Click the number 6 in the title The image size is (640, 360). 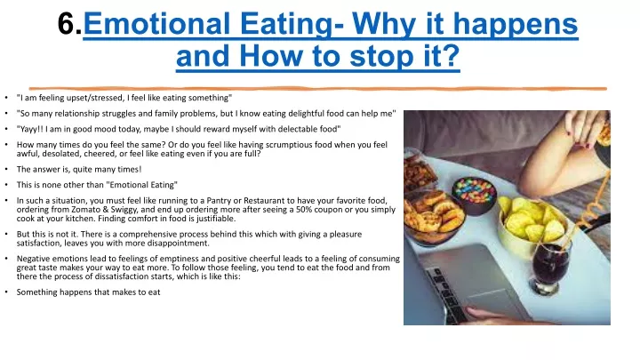67,24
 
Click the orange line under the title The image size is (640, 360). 318,88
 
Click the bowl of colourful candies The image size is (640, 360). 474,195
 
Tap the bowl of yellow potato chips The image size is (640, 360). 531,226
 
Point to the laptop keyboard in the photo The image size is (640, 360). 447,295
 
